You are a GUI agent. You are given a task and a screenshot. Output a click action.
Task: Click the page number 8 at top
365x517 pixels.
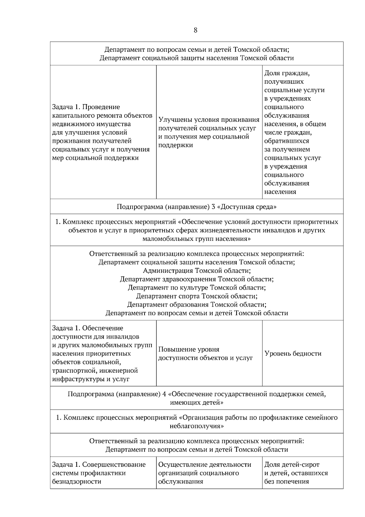pyautogui.click(x=195, y=30)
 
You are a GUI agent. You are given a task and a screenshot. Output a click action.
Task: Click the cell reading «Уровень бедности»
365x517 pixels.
pyautogui.click(x=293, y=353)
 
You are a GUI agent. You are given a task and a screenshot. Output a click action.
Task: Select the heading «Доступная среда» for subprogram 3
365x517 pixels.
pyautogui.click(x=196, y=207)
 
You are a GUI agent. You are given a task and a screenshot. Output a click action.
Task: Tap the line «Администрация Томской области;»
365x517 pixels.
pyautogui.click(x=196, y=271)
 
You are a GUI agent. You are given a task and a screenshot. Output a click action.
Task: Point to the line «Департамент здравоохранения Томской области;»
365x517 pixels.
pyautogui.click(x=196, y=279)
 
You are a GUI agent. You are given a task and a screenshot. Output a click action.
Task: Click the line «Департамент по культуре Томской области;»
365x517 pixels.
pyautogui.click(x=196, y=288)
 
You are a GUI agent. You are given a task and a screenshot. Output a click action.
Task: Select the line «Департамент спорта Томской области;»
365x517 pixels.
pyautogui.click(x=196, y=296)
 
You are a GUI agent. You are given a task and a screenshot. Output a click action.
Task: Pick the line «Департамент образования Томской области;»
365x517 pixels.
pyautogui.click(x=196, y=305)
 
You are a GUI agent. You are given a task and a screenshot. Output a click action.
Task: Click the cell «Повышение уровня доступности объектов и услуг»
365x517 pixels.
pyautogui.click(x=206, y=353)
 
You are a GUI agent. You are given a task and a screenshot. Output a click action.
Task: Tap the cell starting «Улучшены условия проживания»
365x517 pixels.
pyautogui.click(x=209, y=132)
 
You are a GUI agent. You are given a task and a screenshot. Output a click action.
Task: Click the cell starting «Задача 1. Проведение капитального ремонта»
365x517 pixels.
pyautogui.click(x=102, y=132)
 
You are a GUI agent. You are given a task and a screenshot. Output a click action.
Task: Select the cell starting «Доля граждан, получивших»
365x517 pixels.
pyautogui.click(x=294, y=132)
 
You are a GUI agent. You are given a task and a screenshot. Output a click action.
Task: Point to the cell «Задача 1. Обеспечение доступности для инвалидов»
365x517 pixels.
pyautogui.click(x=102, y=353)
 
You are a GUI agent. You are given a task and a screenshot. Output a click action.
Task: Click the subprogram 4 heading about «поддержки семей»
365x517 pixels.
pyautogui.click(x=196, y=398)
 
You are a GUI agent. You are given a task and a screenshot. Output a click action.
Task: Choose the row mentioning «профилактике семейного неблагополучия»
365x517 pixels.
pyautogui.click(x=196, y=421)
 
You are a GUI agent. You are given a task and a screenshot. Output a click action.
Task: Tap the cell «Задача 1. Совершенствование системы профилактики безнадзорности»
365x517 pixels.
pyautogui.click(x=99, y=473)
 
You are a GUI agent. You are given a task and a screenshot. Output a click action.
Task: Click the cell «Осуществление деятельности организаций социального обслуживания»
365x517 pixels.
pyautogui.click(x=204, y=473)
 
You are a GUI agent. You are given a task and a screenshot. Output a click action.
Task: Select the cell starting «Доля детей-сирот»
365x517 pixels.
pyautogui.click(x=296, y=473)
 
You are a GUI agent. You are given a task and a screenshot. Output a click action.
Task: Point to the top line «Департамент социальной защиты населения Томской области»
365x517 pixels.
pyautogui.click(x=196, y=58)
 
